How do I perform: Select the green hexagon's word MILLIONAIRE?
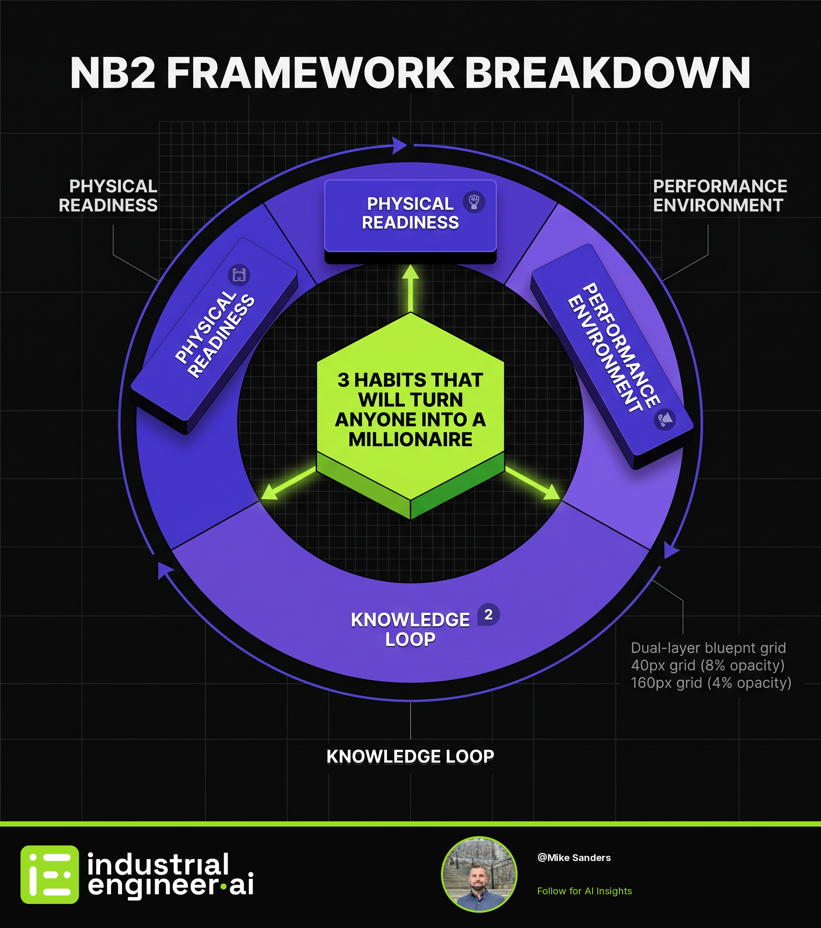pos(410,439)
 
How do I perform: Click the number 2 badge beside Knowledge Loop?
pos(488,615)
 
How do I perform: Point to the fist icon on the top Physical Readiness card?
pos(474,202)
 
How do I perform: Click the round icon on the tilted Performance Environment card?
pos(664,419)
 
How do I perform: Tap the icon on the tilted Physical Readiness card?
pos(239,275)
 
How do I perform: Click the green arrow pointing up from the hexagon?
pos(410,288)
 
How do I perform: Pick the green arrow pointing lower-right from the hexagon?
pos(533,484)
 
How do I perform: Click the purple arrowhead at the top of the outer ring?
pos(399,145)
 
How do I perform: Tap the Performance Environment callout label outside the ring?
pos(720,196)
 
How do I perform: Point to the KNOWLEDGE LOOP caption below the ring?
pos(410,756)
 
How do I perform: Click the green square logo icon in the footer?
pos(49,874)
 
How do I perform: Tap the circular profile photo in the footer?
pos(479,874)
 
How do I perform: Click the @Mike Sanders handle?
pos(574,858)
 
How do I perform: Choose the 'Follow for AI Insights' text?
pos(584,891)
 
